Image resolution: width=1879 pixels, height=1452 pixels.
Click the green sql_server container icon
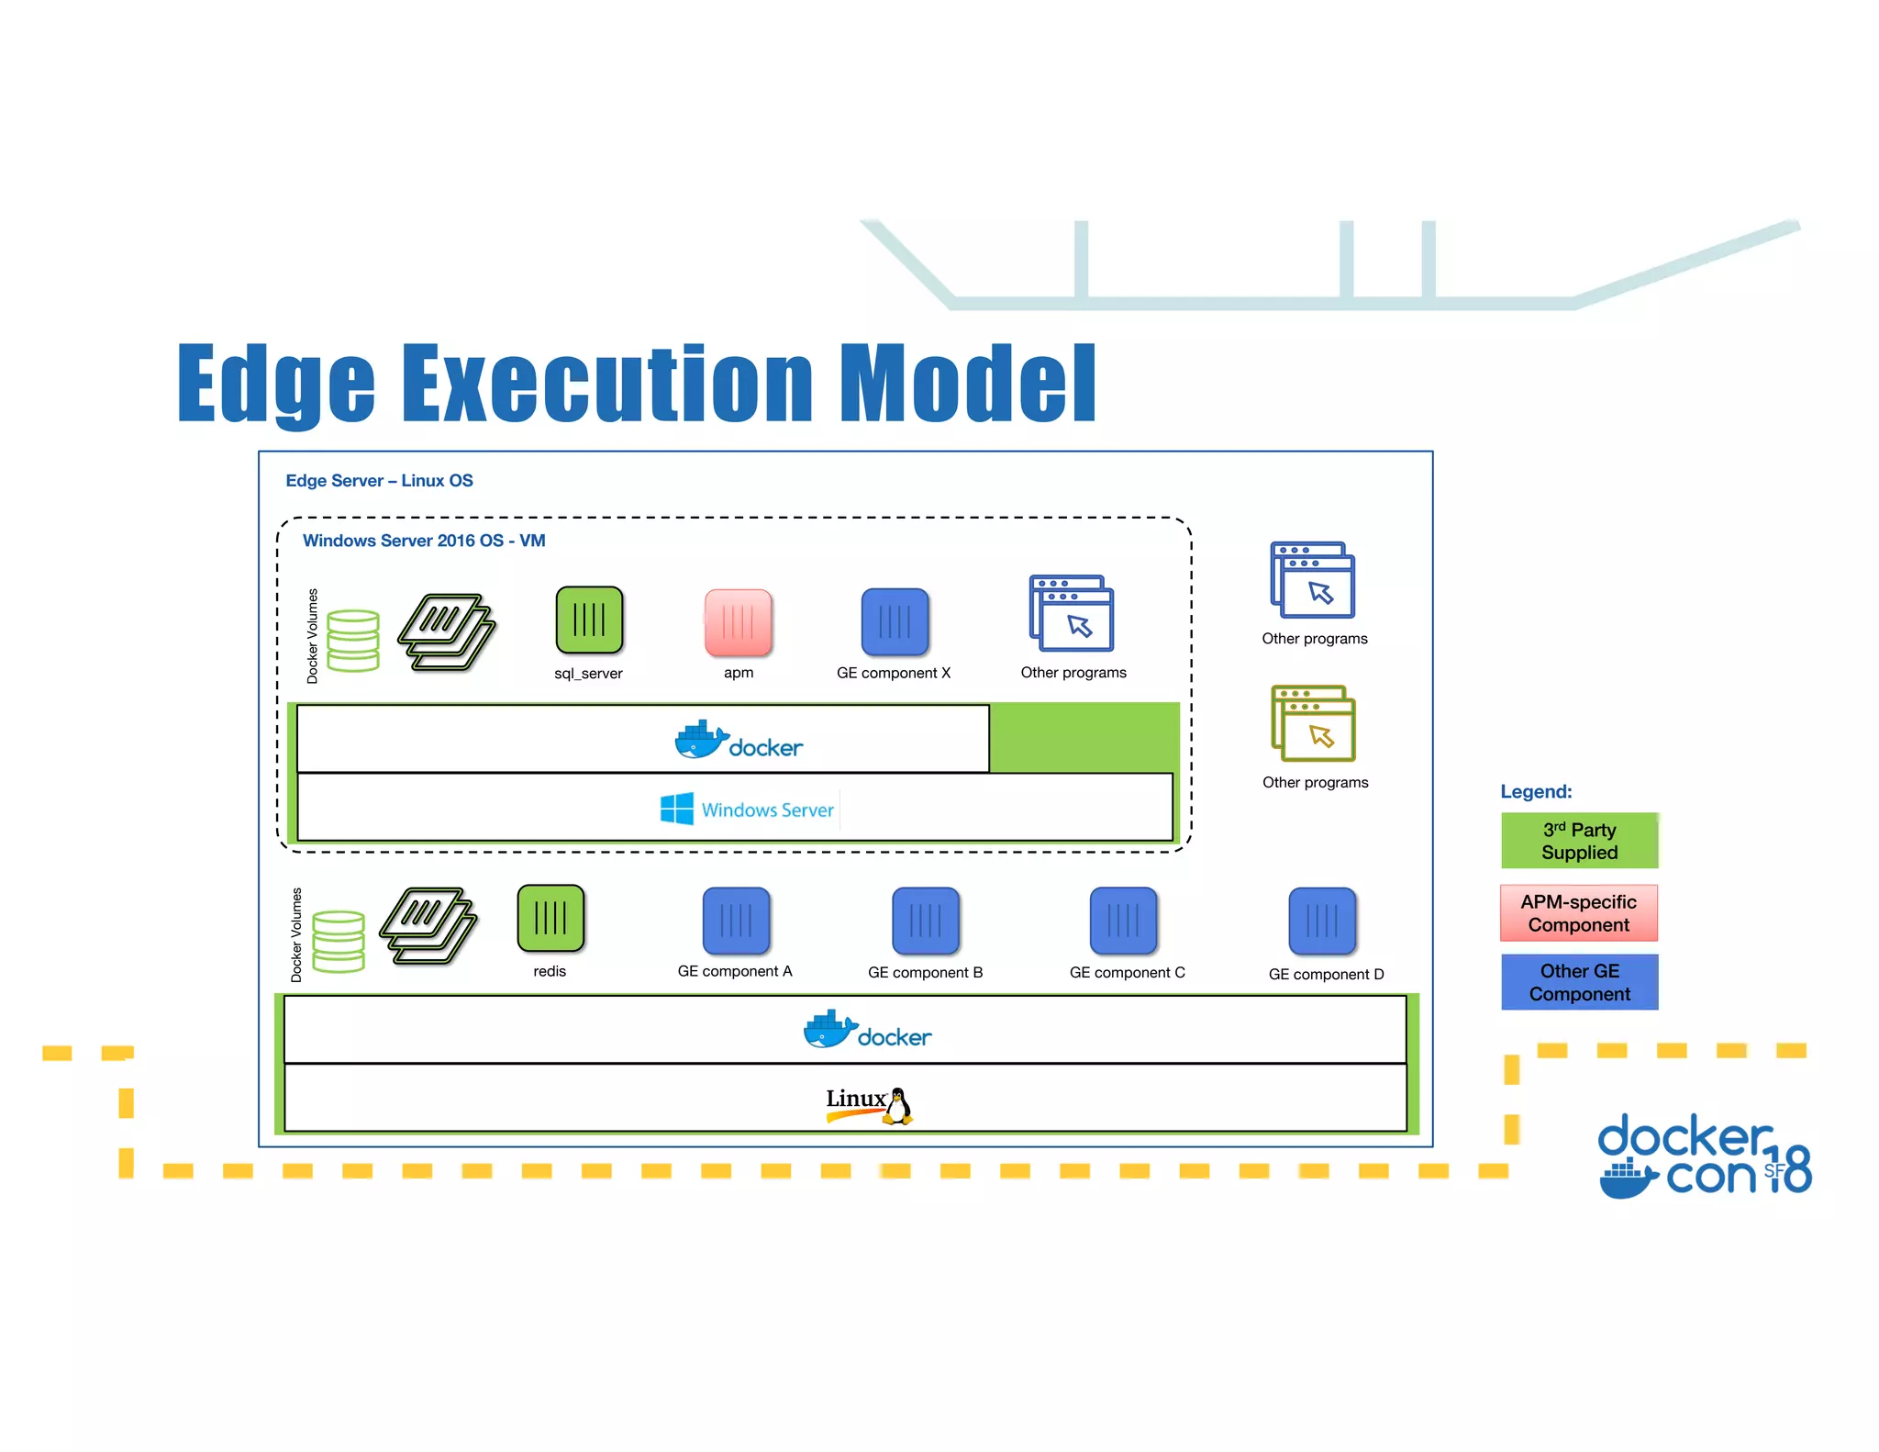click(x=589, y=620)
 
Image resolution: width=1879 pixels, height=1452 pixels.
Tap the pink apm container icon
click(x=739, y=622)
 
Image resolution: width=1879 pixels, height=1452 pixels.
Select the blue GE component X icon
click(x=895, y=622)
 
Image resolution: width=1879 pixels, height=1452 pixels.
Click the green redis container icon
click(x=550, y=918)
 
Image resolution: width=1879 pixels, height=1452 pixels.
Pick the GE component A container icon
click(x=736, y=921)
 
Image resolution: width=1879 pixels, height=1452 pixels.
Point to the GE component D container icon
click(x=1322, y=921)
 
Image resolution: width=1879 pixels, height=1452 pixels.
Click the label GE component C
click(x=1127, y=973)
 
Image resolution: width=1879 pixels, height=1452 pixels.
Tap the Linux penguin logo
click(x=898, y=1106)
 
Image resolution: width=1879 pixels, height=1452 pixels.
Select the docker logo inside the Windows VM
click(x=739, y=741)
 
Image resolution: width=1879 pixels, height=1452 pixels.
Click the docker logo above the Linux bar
click(x=867, y=1031)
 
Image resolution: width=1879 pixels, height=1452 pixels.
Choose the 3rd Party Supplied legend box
click(x=1579, y=841)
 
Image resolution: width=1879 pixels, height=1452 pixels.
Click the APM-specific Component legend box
click(x=1579, y=913)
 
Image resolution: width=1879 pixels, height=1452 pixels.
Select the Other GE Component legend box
click(x=1579, y=982)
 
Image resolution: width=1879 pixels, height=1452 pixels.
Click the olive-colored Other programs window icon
click(x=1313, y=723)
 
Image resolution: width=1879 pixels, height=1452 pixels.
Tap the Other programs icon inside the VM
click(x=1071, y=613)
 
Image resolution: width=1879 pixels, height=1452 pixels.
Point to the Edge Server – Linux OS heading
click(x=379, y=481)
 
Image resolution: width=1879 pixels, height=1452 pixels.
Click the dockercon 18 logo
click(x=1704, y=1157)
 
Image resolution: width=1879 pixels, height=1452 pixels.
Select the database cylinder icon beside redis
click(x=339, y=941)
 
